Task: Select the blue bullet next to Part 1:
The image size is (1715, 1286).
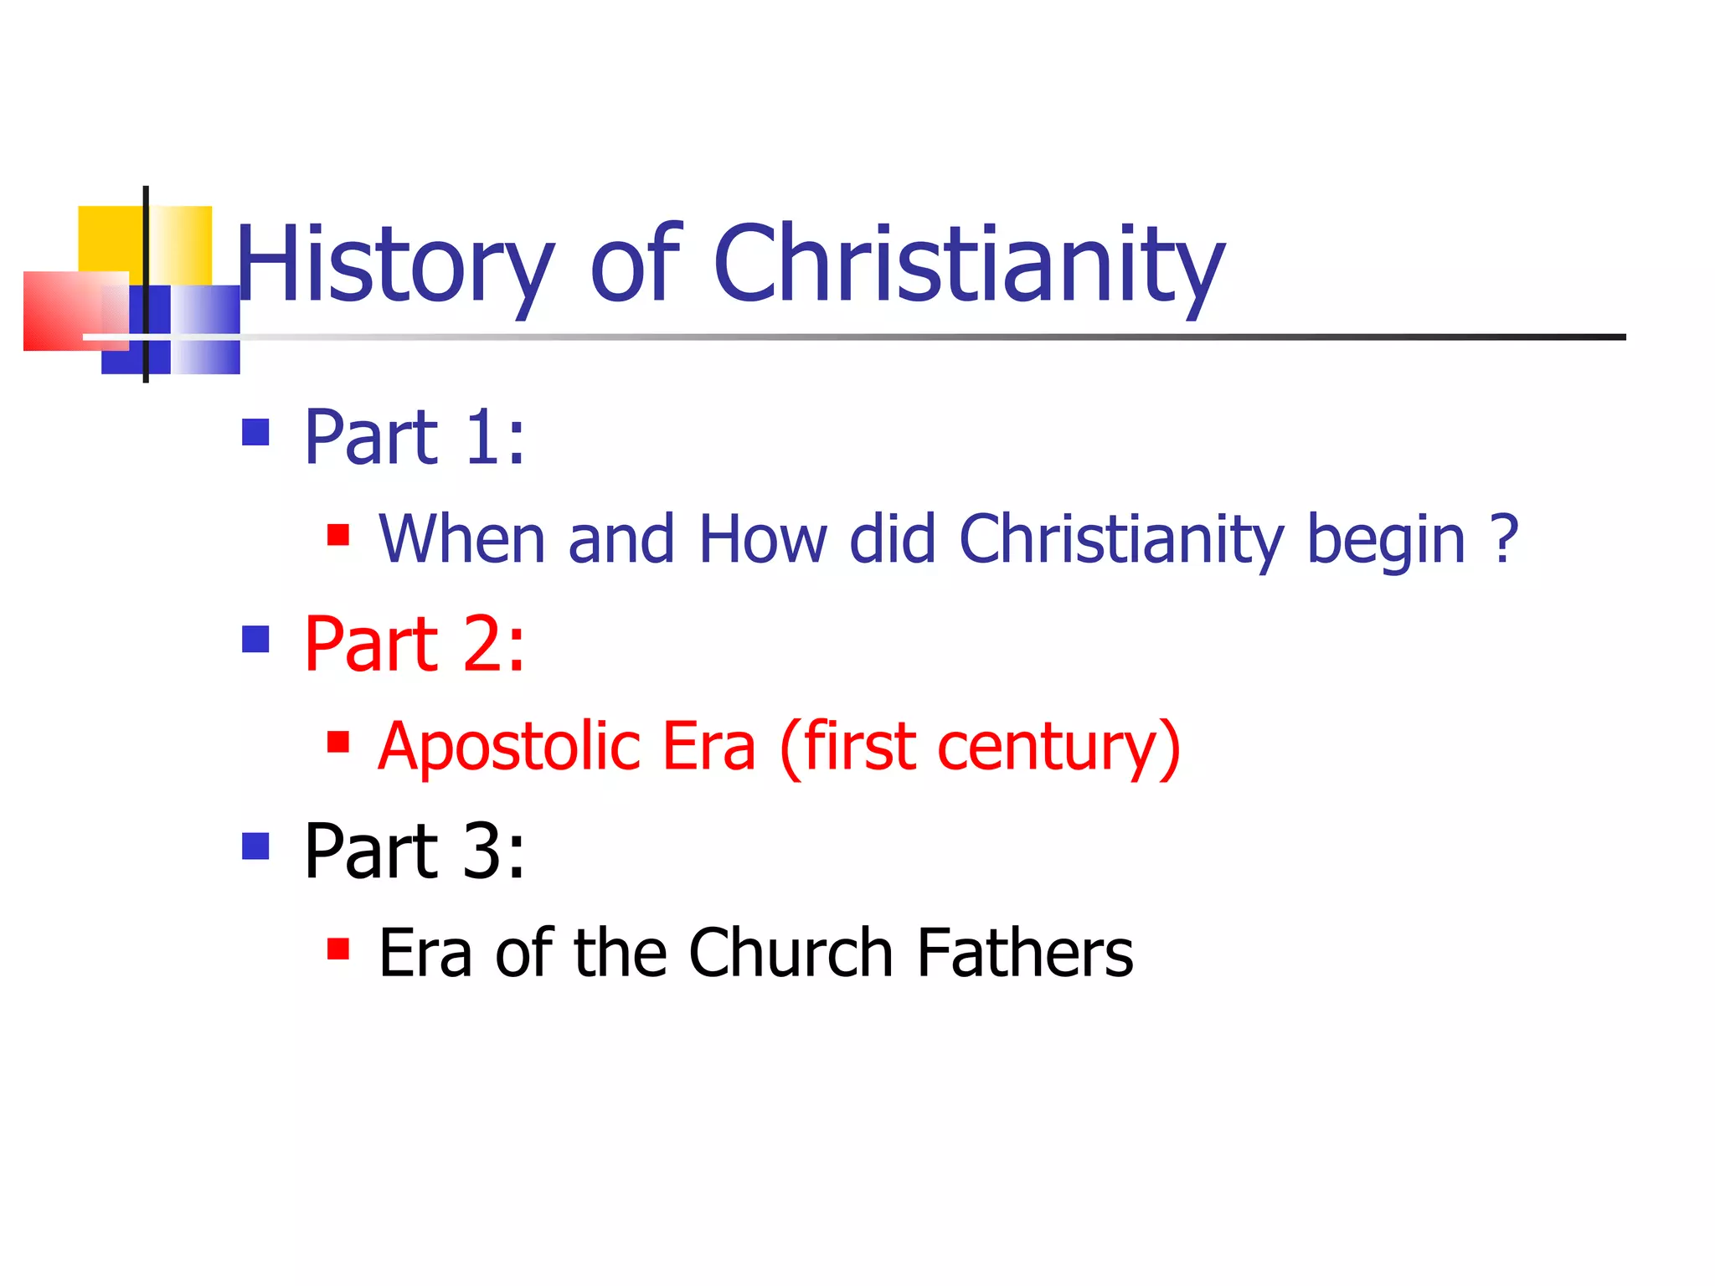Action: click(x=255, y=433)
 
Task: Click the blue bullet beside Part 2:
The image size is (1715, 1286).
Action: click(x=255, y=640)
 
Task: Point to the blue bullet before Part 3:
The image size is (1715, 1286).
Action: click(x=255, y=846)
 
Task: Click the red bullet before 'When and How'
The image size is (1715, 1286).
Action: click(x=338, y=535)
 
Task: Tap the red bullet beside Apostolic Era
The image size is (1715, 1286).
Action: click(x=338, y=742)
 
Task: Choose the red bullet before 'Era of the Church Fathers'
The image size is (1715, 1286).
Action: click(x=338, y=949)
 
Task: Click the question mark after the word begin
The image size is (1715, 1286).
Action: click(x=1505, y=539)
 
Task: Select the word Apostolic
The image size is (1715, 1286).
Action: click(x=508, y=747)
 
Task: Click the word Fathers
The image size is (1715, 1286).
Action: click(x=1025, y=953)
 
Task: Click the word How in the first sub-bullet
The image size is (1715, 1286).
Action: click(x=763, y=539)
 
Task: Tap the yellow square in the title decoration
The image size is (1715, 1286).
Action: click(x=109, y=238)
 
